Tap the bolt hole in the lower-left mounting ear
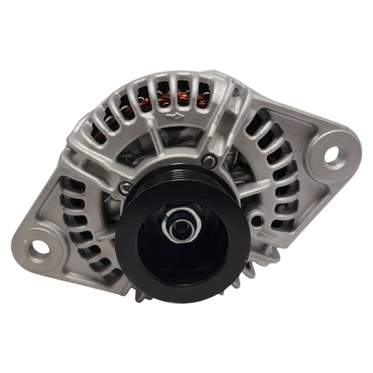38,245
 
